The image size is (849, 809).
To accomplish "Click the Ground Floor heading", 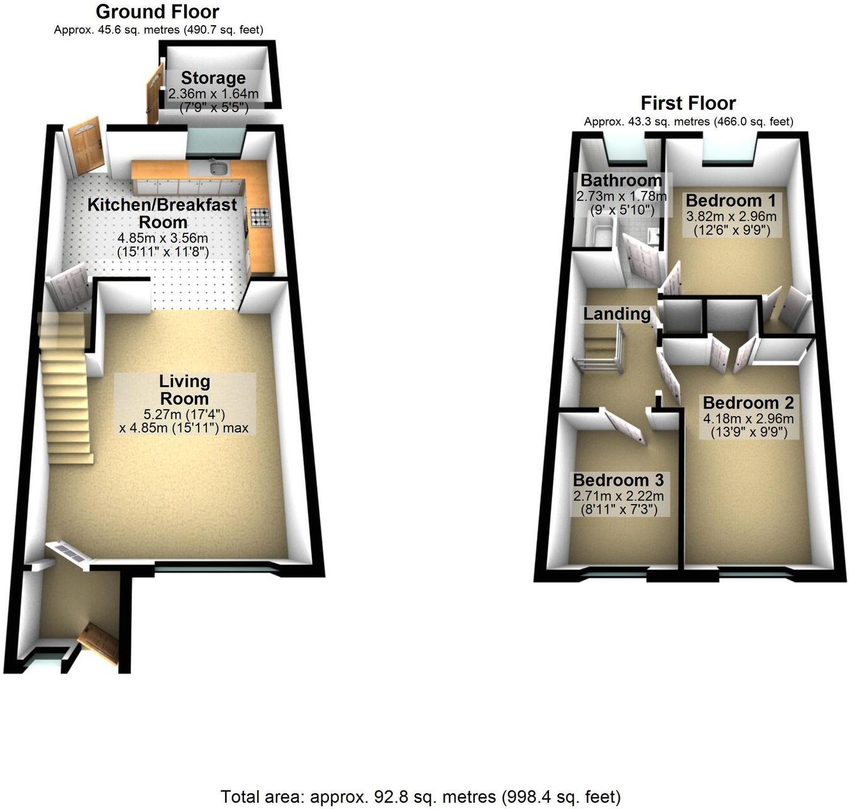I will [157, 12].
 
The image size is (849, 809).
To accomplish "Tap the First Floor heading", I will [688, 103].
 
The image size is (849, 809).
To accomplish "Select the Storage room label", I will [213, 79].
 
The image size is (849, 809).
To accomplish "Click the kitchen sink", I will [218, 168].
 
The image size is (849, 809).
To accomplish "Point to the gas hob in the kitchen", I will [260, 217].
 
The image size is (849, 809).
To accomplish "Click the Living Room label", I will [184, 390].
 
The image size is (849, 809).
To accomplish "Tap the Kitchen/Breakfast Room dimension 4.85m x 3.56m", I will [163, 239].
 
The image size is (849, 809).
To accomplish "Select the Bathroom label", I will [621, 181].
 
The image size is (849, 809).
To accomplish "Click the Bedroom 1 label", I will [731, 201].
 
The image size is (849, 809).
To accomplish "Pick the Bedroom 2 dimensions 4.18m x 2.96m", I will [748, 419].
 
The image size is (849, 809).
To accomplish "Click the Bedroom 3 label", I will [618, 481].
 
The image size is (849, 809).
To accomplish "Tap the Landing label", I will [617, 314].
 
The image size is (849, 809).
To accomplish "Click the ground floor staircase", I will [66, 390].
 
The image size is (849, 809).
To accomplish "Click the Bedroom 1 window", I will [729, 151].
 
